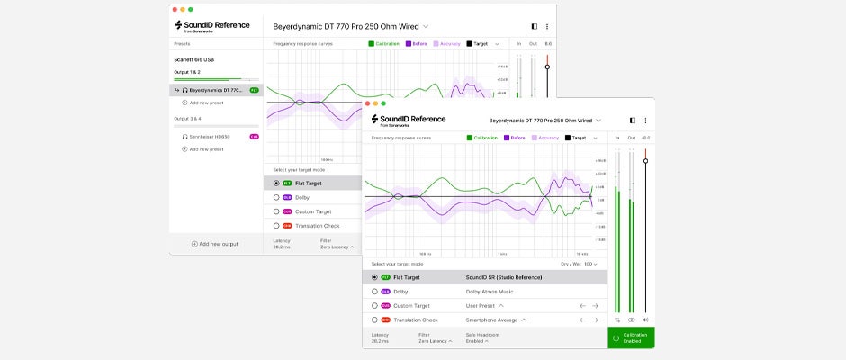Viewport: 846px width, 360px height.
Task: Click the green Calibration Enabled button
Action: (x=631, y=337)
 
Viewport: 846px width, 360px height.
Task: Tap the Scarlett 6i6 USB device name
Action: (x=194, y=59)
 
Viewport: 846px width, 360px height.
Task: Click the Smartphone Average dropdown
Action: (x=496, y=319)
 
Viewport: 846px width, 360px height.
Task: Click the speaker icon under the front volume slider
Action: (x=645, y=319)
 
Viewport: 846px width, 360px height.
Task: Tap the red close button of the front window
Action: (x=370, y=103)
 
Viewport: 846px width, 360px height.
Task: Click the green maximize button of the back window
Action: (x=191, y=9)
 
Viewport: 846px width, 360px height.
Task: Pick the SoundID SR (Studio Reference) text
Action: (x=504, y=277)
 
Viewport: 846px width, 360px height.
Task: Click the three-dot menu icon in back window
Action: (x=546, y=26)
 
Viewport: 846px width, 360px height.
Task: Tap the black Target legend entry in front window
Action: (x=575, y=138)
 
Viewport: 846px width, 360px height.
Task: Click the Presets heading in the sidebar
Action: (x=182, y=42)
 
